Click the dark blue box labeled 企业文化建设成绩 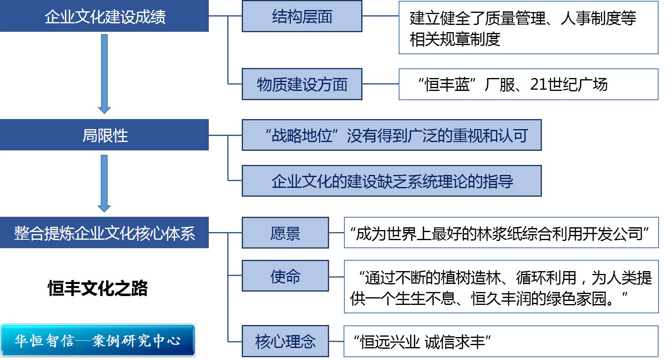coord(105,16)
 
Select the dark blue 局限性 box coord(105,135)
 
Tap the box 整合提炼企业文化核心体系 coord(105,233)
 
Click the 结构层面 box coord(302,16)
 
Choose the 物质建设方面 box coord(302,84)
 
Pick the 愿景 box coord(285,233)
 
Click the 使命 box coord(285,276)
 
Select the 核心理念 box coord(285,341)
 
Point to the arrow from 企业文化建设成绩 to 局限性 coord(104,74)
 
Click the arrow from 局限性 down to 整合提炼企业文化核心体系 coord(104,183)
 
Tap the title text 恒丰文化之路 coord(98,288)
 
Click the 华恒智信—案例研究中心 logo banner coord(98,340)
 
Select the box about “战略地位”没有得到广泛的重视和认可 coord(391,135)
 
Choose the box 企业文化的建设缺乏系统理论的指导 coord(391,181)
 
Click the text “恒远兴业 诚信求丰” coord(422,342)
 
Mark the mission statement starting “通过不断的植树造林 coord(501,287)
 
